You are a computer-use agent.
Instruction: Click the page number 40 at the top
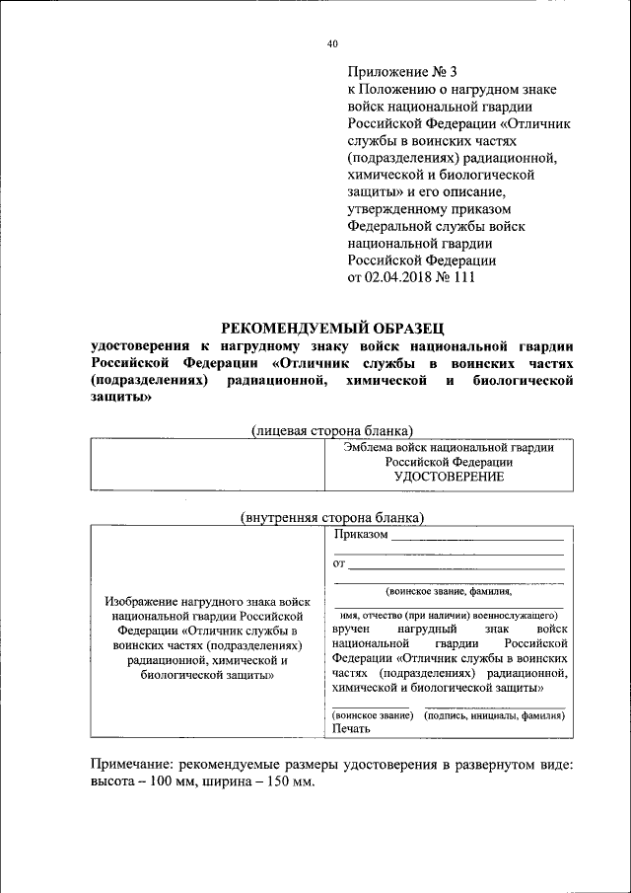click(x=332, y=43)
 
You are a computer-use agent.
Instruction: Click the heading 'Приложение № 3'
click(x=402, y=72)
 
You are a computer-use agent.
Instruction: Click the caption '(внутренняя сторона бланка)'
click(x=332, y=517)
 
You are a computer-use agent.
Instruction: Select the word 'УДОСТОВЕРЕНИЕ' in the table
click(x=449, y=477)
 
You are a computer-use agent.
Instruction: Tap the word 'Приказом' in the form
click(x=361, y=536)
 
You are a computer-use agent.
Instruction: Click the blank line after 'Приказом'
click(x=477, y=540)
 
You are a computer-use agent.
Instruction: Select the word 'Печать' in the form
click(x=352, y=729)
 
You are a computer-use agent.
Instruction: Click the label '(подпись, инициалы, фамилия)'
click(x=495, y=714)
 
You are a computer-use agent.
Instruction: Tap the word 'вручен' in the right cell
click(x=352, y=629)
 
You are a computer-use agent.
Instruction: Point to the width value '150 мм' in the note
click(x=290, y=782)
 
